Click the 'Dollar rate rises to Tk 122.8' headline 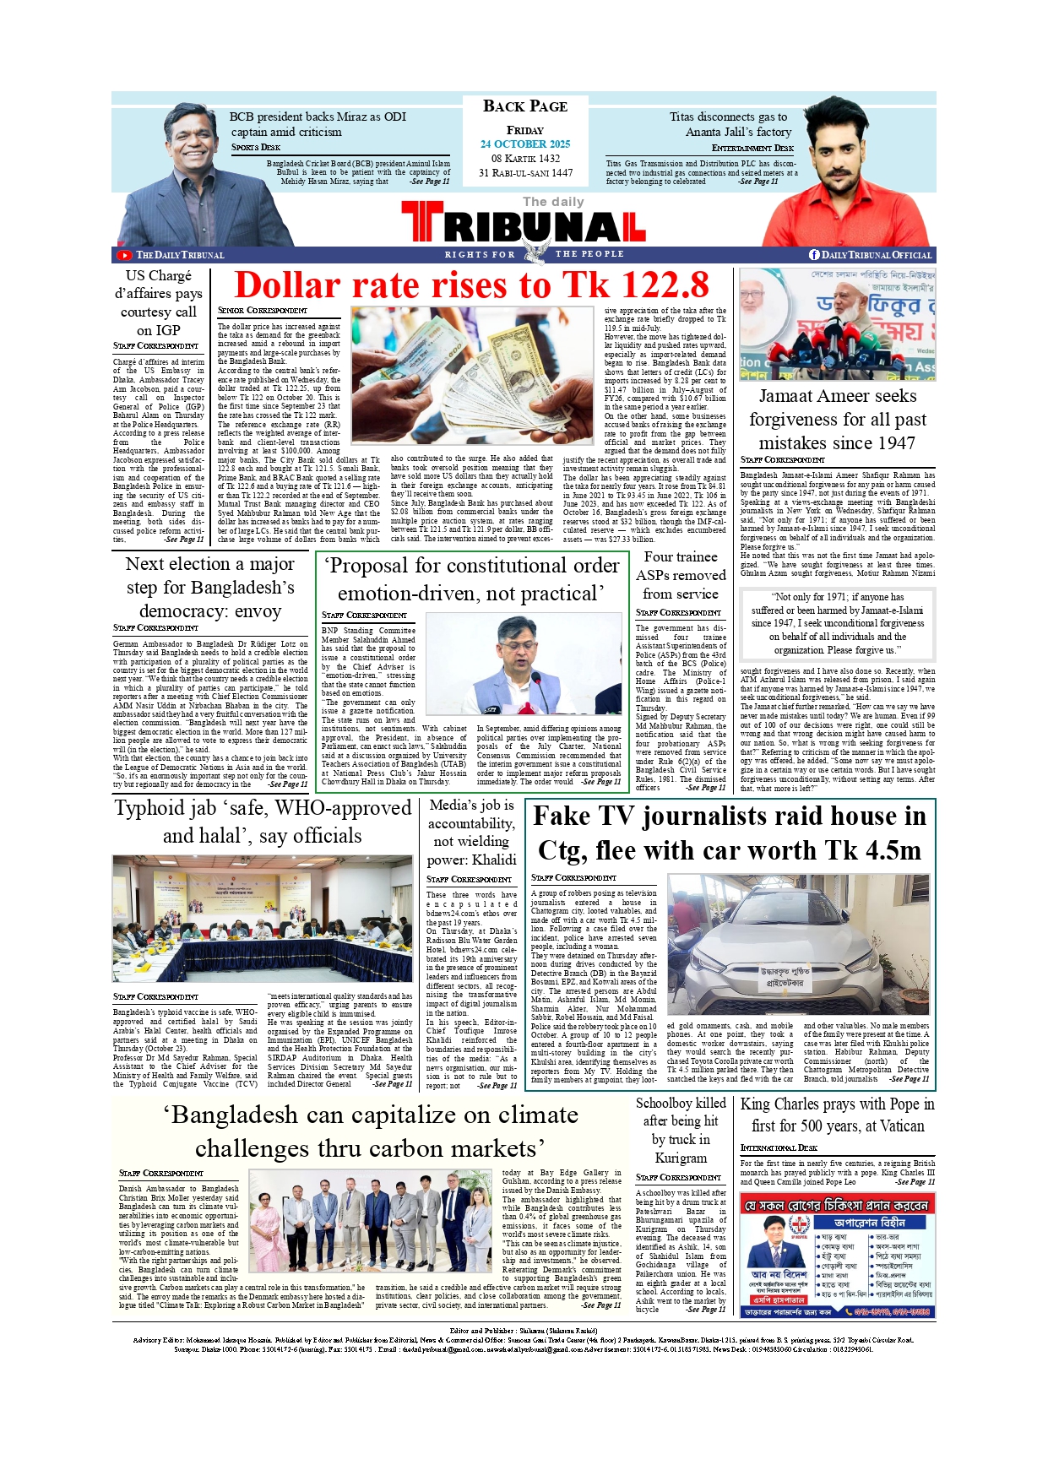click(x=471, y=285)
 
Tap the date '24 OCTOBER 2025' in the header click(x=525, y=144)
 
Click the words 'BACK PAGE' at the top click(x=525, y=106)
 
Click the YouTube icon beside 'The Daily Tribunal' click(x=124, y=255)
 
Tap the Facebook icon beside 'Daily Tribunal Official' click(x=814, y=255)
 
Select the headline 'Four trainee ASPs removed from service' click(x=680, y=576)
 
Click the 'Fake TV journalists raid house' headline click(x=730, y=833)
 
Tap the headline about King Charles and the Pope click(x=837, y=1115)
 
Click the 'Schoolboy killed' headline click(x=681, y=1130)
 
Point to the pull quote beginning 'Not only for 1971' click(x=837, y=623)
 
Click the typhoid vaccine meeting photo click(x=262, y=918)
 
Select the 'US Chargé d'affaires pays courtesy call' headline click(x=159, y=302)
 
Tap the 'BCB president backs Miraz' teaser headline click(x=318, y=124)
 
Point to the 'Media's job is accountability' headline click(x=471, y=833)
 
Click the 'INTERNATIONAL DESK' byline click(x=779, y=1147)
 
